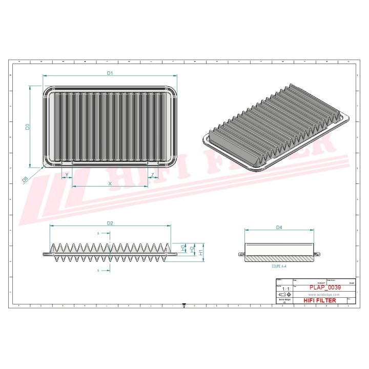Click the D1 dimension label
tap(110, 73)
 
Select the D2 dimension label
tap(110, 223)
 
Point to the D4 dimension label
tap(279, 227)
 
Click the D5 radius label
tap(25, 179)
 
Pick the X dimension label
tap(110, 183)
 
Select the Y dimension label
tap(67, 175)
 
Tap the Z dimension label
tap(152, 175)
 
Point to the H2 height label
tap(192, 250)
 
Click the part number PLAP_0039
tap(325, 288)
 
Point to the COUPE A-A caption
tap(279, 267)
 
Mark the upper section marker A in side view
tap(98, 234)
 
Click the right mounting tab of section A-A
tap(317, 254)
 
